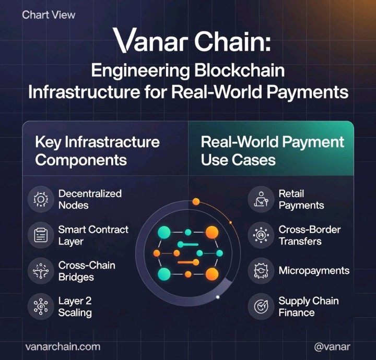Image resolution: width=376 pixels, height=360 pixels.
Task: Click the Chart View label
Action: click(49, 15)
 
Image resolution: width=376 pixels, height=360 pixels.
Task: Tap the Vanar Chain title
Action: click(192, 41)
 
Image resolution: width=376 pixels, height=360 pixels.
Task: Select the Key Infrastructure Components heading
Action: click(97, 150)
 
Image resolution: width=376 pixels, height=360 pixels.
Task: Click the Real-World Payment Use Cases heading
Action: click(273, 150)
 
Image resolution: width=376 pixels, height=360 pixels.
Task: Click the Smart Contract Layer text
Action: click(93, 235)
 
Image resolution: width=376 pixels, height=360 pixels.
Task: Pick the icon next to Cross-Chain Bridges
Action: click(41, 271)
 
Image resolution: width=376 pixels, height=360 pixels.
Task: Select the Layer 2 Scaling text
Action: click(75, 307)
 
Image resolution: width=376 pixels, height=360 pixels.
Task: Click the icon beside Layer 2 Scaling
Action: click(41, 307)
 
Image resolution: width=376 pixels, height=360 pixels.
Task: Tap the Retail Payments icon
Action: click(261, 199)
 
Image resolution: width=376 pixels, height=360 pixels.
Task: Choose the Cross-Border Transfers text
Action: click(309, 235)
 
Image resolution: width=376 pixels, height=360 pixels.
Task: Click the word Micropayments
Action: click(314, 271)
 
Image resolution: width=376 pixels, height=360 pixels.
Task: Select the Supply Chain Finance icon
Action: click(261, 307)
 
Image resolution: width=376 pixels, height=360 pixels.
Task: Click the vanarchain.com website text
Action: click(62, 346)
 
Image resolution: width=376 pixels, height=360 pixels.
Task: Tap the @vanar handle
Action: click(332, 346)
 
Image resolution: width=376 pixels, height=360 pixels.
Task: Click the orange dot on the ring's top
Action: click(196, 201)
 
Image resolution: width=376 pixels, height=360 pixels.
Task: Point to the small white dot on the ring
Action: click(218, 297)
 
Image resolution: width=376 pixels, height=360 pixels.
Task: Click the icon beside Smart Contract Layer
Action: click(41, 235)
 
